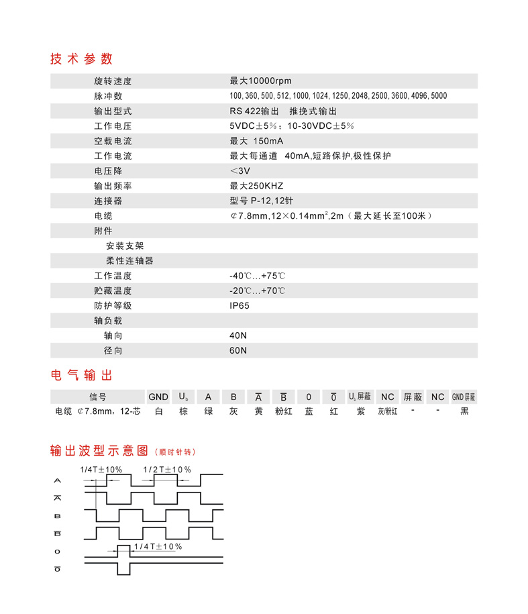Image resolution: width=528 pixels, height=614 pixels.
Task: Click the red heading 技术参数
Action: (81, 58)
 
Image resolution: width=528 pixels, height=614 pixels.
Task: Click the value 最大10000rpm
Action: (261, 81)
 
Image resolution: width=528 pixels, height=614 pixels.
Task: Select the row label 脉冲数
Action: (108, 96)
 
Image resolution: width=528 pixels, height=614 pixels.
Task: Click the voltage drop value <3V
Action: (240, 171)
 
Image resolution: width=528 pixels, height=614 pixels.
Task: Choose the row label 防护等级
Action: (113, 306)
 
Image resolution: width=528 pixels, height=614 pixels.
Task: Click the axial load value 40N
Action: (238, 336)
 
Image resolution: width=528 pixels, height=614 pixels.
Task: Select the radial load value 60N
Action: (238, 350)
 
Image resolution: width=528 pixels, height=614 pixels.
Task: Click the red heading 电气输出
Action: (81, 374)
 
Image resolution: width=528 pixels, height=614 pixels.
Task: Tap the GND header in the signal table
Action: (158, 397)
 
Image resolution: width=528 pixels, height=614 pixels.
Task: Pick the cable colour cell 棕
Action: (183, 411)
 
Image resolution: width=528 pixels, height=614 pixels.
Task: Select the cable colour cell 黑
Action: (464, 411)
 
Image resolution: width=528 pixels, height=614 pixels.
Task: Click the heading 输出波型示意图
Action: (99, 450)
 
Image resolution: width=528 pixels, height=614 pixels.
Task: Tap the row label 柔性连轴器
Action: (129, 260)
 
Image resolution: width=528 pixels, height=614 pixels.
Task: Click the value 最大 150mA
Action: (257, 141)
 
